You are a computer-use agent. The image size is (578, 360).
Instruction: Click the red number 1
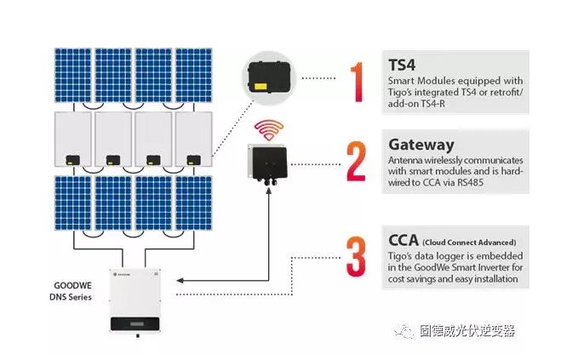point(357,81)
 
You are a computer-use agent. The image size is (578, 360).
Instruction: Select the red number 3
point(356,254)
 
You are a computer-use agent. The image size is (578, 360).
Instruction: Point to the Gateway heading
point(421,144)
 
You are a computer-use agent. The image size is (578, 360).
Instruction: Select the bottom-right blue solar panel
point(193,203)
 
